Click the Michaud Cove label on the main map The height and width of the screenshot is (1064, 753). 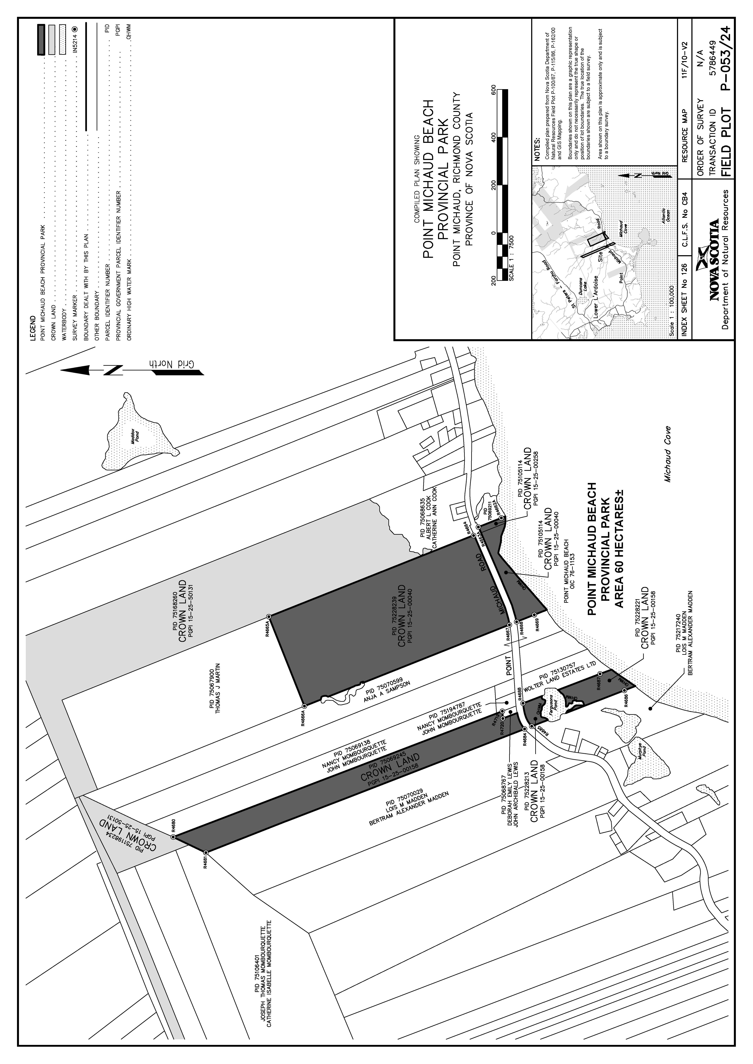[667, 454]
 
